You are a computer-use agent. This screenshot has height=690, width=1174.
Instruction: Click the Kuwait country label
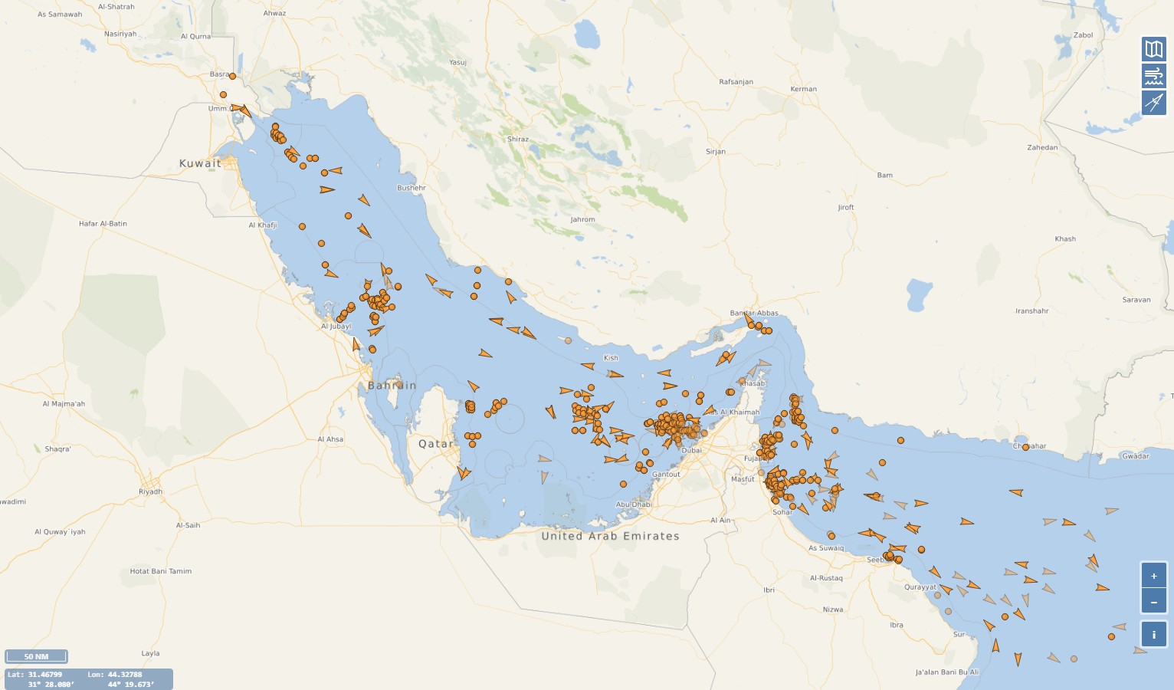[x=200, y=163]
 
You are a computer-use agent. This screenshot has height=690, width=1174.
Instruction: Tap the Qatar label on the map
[x=435, y=444]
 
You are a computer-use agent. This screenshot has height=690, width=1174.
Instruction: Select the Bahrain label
[x=392, y=386]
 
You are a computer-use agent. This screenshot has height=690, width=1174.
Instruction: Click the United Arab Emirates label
[x=610, y=536]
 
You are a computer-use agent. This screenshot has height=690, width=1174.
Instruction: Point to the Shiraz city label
[x=518, y=140]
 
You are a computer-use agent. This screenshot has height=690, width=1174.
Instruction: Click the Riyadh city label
[x=150, y=491]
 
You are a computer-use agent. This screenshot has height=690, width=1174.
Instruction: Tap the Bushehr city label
[x=412, y=188]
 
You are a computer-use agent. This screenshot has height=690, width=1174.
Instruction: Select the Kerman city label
[x=804, y=89]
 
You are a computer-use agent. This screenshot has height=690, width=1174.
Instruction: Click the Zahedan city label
[x=1042, y=147]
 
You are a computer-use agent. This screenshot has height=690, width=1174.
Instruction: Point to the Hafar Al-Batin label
[x=103, y=224]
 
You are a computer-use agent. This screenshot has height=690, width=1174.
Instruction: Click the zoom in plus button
[x=1154, y=576]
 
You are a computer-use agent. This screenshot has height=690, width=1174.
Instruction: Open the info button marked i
[x=1154, y=635]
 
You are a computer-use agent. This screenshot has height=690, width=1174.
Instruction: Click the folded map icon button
[x=1154, y=50]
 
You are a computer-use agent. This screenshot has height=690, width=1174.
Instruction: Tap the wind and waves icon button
[x=1154, y=76]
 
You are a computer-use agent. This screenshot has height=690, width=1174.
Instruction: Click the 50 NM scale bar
[x=36, y=656]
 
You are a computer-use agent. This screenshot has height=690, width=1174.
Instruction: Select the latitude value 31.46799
[x=45, y=675]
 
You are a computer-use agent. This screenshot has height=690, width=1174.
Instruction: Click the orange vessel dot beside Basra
[x=232, y=76]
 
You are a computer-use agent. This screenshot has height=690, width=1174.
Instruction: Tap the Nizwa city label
[x=833, y=609]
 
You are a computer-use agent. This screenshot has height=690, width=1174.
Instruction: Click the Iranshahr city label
[x=1032, y=311]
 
